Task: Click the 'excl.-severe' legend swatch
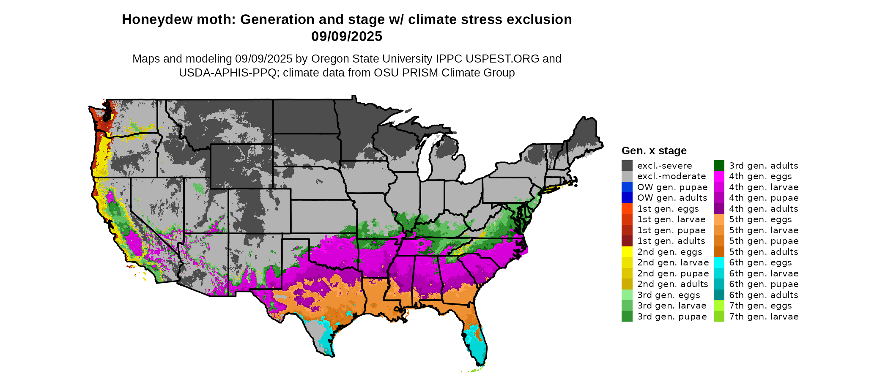point(627,166)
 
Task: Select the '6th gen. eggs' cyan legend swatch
point(719,262)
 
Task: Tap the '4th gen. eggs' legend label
point(760,176)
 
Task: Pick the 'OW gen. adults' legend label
point(672,198)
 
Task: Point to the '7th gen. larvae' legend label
point(763,317)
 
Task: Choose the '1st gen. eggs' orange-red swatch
point(627,209)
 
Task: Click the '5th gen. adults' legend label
point(763,252)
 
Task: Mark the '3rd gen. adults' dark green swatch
point(719,166)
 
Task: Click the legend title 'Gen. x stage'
point(654,151)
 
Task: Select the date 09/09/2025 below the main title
point(347,37)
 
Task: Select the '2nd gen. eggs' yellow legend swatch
point(627,252)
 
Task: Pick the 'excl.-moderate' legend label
point(671,176)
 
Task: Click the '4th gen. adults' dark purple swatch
point(719,209)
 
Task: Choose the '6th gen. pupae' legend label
point(763,284)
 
